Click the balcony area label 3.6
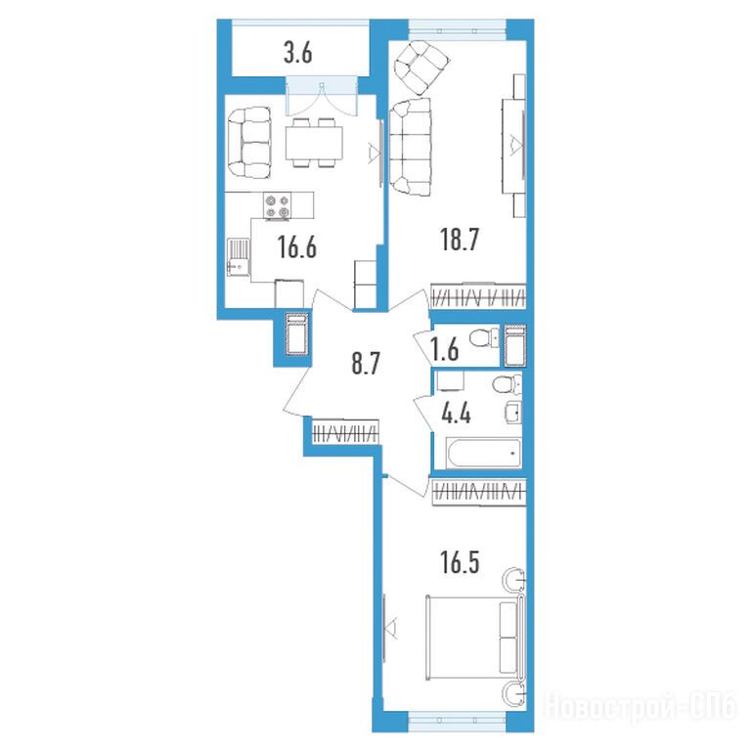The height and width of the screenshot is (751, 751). (x=298, y=53)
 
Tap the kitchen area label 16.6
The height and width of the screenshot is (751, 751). (x=297, y=247)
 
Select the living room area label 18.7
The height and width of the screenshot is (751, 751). (x=460, y=240)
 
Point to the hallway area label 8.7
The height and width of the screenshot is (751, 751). (x=366, y=364)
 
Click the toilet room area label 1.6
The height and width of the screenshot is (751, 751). (x=445, y=349)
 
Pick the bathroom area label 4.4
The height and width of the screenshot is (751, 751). (x=456, y=414)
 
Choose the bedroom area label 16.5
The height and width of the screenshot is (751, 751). (x=460, y=562)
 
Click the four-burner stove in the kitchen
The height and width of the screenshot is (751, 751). (x=278, y=205)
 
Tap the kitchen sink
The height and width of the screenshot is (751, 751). (x=238, y=257)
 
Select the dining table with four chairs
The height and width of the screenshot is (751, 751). (x=314, y=143)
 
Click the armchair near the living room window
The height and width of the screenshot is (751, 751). (x=420, y=67)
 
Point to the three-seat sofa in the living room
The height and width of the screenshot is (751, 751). (x=410, y=147)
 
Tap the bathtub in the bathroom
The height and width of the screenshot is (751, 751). (x=483, y=453)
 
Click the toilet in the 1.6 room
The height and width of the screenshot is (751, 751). (x=483, y=338)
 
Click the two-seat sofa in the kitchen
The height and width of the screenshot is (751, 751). (x=249, y=143)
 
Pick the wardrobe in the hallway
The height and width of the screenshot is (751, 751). (x=346, y=430)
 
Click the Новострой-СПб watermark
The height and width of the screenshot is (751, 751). (x=641, y=706)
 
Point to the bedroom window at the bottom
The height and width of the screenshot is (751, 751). (x=457, y=719)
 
